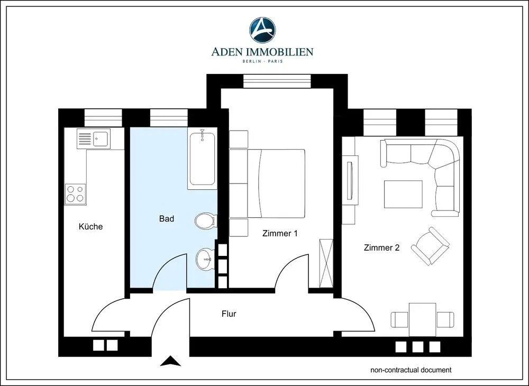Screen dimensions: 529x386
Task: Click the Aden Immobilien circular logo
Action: click(x=262, y=30)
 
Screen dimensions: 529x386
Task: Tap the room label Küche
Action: click(x=90, y=226)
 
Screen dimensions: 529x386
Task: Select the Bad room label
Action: click(x=167, y=219)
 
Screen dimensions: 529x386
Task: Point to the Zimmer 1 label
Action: click(x=280, y=233)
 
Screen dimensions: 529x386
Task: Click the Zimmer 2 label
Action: click(x=381, y=248)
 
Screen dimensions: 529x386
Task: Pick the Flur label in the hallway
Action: click(x=229, y=314)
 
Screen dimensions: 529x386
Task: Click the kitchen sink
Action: click(x=94, y=139)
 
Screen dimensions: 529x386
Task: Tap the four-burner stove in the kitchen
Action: click(x=75, y=194)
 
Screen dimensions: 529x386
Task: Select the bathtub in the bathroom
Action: click(x=202, y=159)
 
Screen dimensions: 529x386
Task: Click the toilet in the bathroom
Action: click(x=205, y=221)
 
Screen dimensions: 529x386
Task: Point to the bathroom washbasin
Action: click(x=205, y=259)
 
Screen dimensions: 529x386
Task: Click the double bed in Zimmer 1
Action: click(x=276, y=183)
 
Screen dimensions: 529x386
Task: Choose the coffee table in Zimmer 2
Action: click(x=403, y=194)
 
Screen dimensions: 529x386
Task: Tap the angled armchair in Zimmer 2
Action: click(x=430, y=246)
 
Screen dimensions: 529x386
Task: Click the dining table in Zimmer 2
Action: click(x=422, y=319)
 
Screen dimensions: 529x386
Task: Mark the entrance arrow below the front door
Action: click(x=170, y=361)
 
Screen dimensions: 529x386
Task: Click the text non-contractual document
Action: click(x=411, y=370)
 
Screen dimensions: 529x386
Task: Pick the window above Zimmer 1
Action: click(x=277, y=81)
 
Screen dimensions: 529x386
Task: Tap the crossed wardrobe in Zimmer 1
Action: click(x=326, y=264)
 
